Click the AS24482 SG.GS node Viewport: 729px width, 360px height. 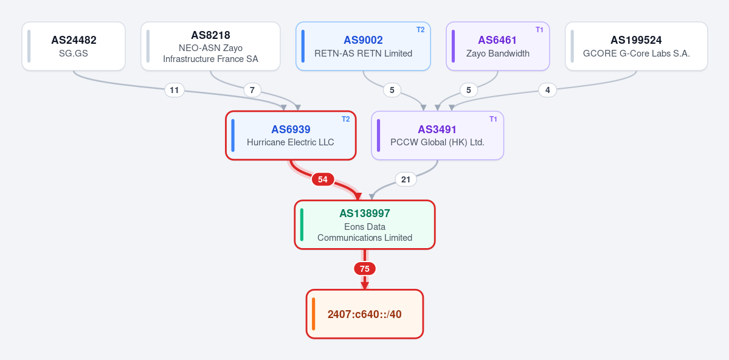74,46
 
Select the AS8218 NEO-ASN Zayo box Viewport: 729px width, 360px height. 210,46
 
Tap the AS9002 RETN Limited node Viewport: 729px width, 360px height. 363,46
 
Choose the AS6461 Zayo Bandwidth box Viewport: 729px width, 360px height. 498,46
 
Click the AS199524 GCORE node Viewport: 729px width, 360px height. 637,46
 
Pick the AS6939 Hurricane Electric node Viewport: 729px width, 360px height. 291,136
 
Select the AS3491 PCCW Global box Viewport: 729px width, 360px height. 438,136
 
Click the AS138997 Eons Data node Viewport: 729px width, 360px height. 365,224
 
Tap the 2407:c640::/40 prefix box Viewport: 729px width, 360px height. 365,314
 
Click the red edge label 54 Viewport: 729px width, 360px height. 323,179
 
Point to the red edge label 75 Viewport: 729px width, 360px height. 365,268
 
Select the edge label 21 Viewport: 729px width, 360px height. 406,179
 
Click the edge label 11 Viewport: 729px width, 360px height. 174,90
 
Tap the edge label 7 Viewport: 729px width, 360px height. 252,90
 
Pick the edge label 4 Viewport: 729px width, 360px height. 548,90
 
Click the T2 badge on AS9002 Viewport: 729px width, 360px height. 420,30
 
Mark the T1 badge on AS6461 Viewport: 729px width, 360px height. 539,30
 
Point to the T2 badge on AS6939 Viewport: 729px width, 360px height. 346,119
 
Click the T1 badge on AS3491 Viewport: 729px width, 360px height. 493,119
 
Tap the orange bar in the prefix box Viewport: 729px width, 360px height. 313,314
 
